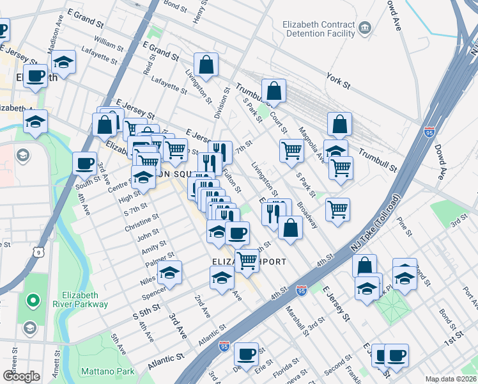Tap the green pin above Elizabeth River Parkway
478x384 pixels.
pos(31,300)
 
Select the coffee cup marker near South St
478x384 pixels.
pos(84,163)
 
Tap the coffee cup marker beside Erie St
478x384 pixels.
pos(245,353)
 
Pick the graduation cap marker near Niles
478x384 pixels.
pos(169,273)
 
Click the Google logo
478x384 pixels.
pos(21,376)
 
